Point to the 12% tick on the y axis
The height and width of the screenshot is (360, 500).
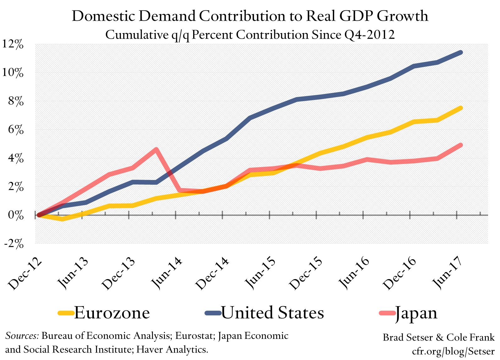(13, 44)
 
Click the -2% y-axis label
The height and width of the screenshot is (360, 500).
(13, 243)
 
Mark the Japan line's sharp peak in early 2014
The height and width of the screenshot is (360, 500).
(156, 149)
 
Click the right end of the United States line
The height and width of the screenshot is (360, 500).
(461, 52)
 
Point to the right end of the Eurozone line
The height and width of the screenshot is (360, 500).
(461, 108)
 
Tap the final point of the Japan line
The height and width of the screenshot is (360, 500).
(461, 145)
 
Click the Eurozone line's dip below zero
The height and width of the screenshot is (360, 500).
(63, 219)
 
